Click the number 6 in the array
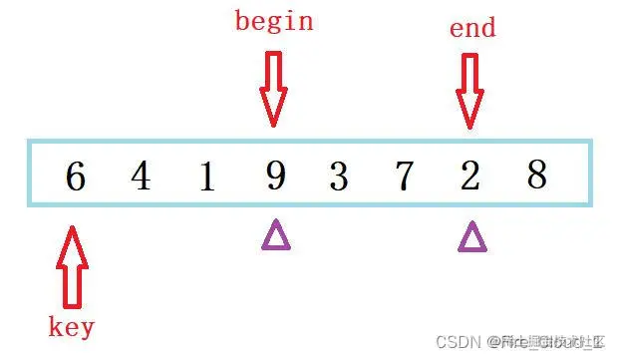(76, 178)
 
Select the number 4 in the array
(141, 178)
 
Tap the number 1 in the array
(206, 178)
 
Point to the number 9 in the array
(275, 178)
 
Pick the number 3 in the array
(339, 178)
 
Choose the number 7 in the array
(404, 178)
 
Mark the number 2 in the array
(470, 178)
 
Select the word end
(471, 28)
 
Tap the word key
(72, 326)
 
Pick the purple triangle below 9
(276, 235)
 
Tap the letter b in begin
(242, 20)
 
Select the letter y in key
(87, 328)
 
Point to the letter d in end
(486, 27)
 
